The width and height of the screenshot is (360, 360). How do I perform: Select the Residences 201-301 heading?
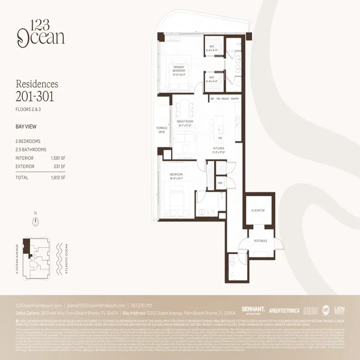point(37,90)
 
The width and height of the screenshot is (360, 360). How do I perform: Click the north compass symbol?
point(35,221)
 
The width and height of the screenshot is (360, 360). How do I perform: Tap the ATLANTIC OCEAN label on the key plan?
point(66,259)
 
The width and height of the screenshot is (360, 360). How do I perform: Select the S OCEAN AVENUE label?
point(17,259)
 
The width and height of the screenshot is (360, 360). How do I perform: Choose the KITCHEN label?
point(219,148)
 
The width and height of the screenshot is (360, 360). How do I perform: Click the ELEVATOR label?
point(258,210)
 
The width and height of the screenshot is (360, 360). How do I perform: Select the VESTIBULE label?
point(261,241)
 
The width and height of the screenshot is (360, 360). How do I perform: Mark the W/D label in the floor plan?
point(220,183)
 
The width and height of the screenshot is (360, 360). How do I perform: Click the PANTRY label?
point(235,99)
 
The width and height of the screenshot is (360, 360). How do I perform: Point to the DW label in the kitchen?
point(220,138)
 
